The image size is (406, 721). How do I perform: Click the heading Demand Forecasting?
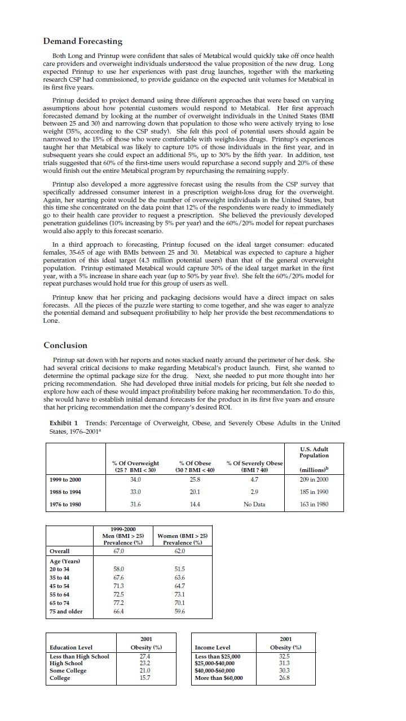[x=83, y=41]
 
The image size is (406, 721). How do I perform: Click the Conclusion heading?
[x=65, y=345]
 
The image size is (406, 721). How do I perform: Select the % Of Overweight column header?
[x=135, y=466]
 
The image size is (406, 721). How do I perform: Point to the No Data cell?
[x=254, y=504]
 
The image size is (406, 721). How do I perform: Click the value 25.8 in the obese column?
[x=195, y=479]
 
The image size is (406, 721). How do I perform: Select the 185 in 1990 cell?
[x=314, y=492]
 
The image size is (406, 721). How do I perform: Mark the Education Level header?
[x=71, y=647]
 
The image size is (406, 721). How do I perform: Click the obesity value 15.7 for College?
[x=145, y=678]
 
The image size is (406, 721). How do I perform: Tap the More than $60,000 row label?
[x=219, y=678]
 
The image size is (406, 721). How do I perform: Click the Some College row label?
[x=68, y=670]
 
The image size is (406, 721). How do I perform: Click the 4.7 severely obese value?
[x=254, y=479]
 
